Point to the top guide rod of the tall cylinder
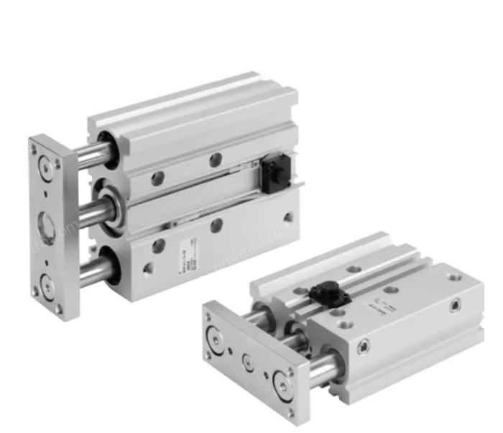coord(94,153)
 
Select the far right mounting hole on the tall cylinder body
coord(288,216)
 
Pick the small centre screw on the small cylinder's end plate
coord(247,357)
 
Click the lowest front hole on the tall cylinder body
coord(148,271)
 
